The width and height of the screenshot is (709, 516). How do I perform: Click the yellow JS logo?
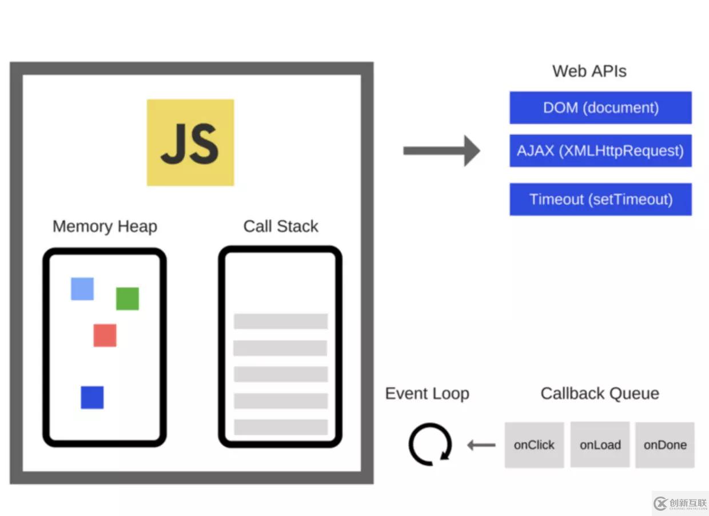click(190, 142)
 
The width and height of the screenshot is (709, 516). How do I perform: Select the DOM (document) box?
click(600, 108)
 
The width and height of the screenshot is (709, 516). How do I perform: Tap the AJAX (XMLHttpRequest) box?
click(600, 151)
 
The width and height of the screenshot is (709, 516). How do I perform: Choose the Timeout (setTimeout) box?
click(600, 199)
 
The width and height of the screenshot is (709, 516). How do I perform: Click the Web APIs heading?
click(589, 72)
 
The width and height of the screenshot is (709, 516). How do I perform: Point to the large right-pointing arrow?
click(441, 151)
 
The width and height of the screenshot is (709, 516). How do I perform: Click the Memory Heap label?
click(105, 227)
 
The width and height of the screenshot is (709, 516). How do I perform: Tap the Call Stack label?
click(281, 227)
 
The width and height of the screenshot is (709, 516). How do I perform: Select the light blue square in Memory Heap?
click(82, 289)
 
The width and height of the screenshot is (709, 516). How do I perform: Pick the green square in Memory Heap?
click(128, 299)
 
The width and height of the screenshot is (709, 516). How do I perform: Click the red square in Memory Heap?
click(105, 335)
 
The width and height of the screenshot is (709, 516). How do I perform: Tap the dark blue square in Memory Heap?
click(92, 398)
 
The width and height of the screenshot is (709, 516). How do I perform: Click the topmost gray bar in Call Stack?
click(281, 321)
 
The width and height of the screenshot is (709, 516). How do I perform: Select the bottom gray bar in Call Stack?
click(281, 427)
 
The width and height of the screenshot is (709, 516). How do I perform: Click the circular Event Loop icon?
click(430, 444)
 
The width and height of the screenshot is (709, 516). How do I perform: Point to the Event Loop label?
click(427, 394)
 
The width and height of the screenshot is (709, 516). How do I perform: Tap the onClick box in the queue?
click(534, 445)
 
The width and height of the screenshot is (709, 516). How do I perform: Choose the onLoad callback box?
click(600, 445)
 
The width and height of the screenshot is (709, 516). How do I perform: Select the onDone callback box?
click(665, 445)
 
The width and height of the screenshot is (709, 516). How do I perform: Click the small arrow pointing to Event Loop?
click(481, 445)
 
